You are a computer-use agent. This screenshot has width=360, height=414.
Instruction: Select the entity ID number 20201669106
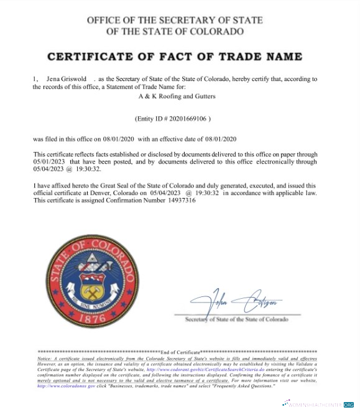pos(185,118)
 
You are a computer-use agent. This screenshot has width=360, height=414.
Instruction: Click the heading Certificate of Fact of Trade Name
pos(175,57)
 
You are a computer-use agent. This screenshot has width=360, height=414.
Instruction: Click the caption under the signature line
pos(237,319)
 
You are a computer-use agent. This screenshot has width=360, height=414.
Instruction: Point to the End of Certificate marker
pos(179,352)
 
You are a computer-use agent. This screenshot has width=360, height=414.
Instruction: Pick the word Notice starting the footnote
pos(45,359)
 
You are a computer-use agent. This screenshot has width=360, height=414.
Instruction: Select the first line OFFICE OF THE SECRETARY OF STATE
pos(175,21)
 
